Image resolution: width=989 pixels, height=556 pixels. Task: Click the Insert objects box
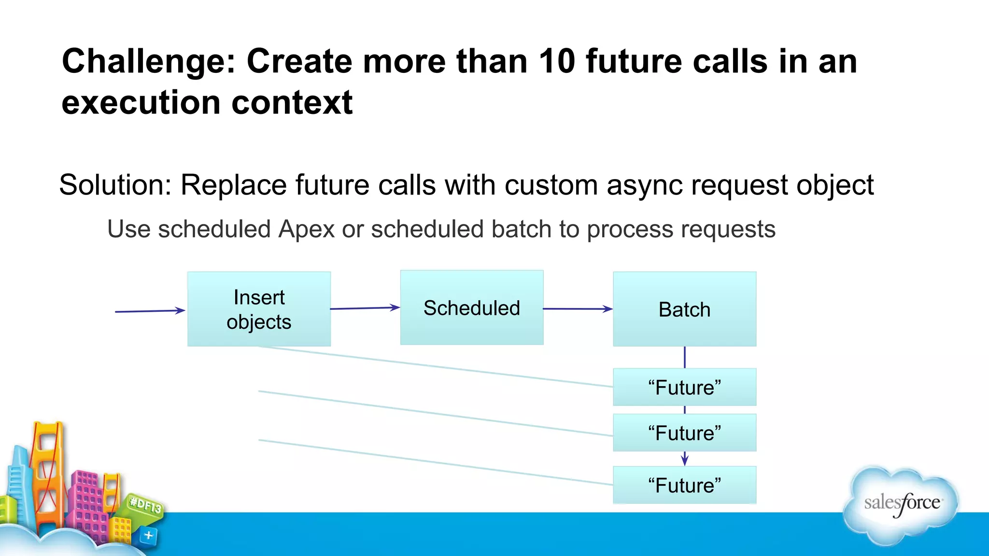click(259, 309)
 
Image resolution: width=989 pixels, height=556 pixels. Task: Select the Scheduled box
click(472, 307)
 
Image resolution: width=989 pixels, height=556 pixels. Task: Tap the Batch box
click(684, 309)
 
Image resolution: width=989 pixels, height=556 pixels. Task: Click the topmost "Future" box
click(684, 387)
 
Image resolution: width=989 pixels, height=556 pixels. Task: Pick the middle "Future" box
click(684, 432)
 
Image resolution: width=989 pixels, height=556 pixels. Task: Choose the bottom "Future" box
click(684, 485)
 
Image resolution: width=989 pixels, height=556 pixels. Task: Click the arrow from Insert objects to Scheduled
click(365, 308)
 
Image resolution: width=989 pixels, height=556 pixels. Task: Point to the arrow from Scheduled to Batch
click(578, 309)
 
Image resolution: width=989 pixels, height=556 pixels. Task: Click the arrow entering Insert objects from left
click(150, 311)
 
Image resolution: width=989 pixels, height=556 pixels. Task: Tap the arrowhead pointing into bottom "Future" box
click(684, 460)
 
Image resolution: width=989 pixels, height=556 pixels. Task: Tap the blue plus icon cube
click(148, 535)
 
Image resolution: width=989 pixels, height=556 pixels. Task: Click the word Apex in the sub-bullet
click(306, 229)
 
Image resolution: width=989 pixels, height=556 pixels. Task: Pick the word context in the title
click(292, 103)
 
